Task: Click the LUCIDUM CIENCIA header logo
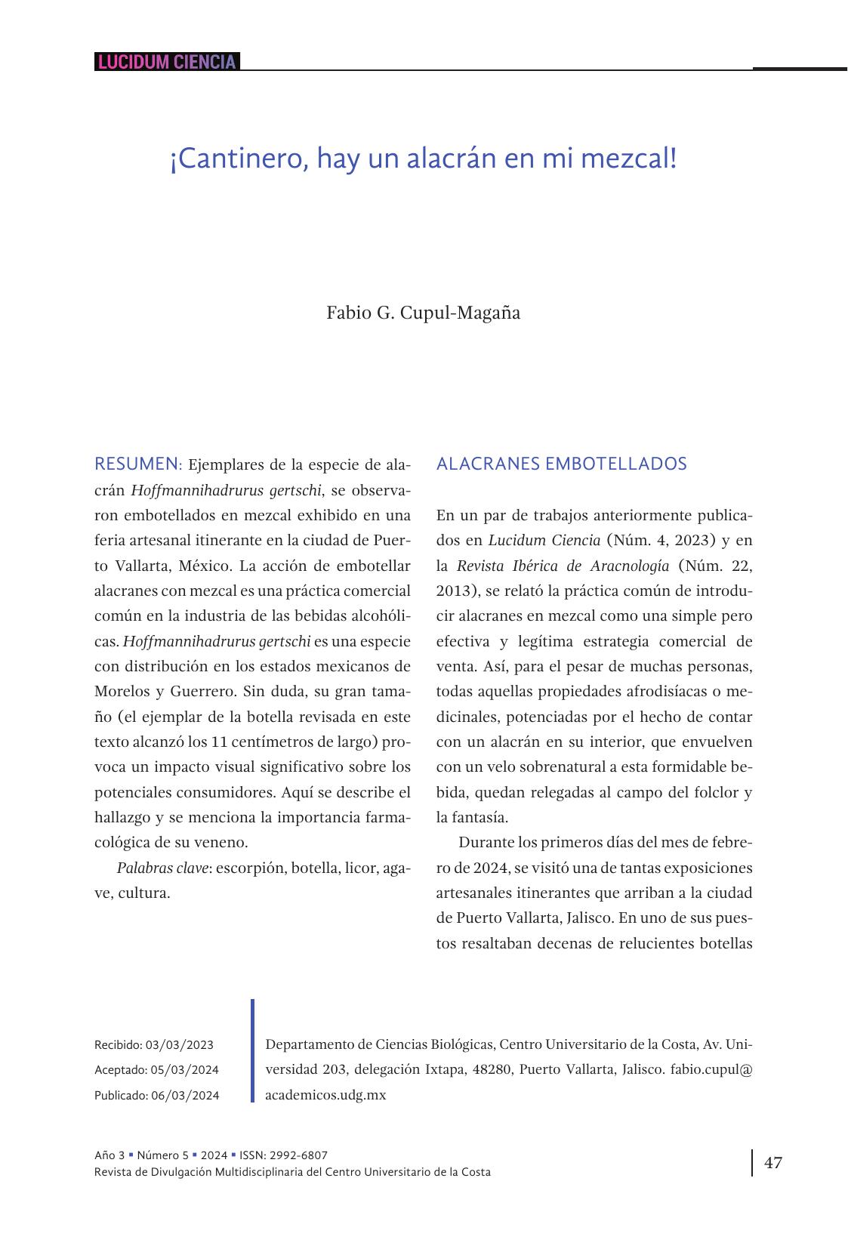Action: pyautogui.click(x=166, y=62)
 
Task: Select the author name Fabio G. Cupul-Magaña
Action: pyautogui.click(x=423, y=313)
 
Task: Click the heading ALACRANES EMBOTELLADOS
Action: pyautogui.click(x=561, y=464)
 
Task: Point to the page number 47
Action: pyautogui.click(x=773, y=1163)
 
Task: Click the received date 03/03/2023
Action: pyautogui.click(x=179, y=1045)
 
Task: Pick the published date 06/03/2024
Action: pyautogui.click(x=185, y=1096)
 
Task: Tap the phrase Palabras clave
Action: pyautogui.click(x=162, y=868)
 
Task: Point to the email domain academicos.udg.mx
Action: pyautogui.click(x=325, y=1095)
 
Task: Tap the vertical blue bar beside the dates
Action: pyautogui.click(x=253, y=1050)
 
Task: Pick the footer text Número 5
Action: pyautogui.click(x=163, y=1155)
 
